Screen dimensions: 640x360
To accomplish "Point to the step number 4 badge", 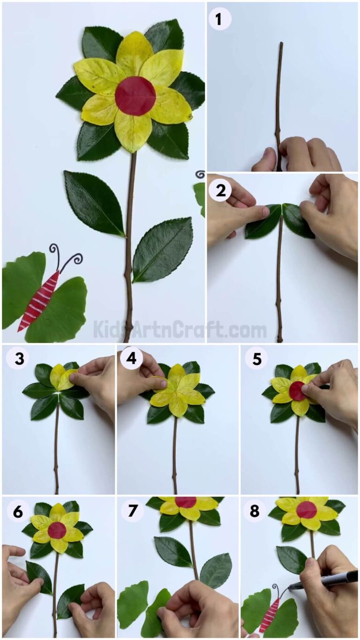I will pyautogui.click(x=132, y=359).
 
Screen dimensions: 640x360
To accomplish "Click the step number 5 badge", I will pyautogui.click(x=256, y=359).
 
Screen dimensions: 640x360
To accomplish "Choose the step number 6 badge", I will pyautogui.click(x=17, y=512).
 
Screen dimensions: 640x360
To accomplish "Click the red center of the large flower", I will pyautogui.click(x=135, y=96).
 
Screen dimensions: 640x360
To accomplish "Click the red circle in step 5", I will pyautogui.click(x=297, y=391).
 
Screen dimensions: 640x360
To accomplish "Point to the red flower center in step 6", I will pyautogui.click(x=57, y=530).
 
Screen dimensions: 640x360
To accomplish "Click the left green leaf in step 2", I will pyautogui.click(x=262, y=222).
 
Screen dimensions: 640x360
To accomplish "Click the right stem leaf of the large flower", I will pyautogui.click(x=163, y=249).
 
